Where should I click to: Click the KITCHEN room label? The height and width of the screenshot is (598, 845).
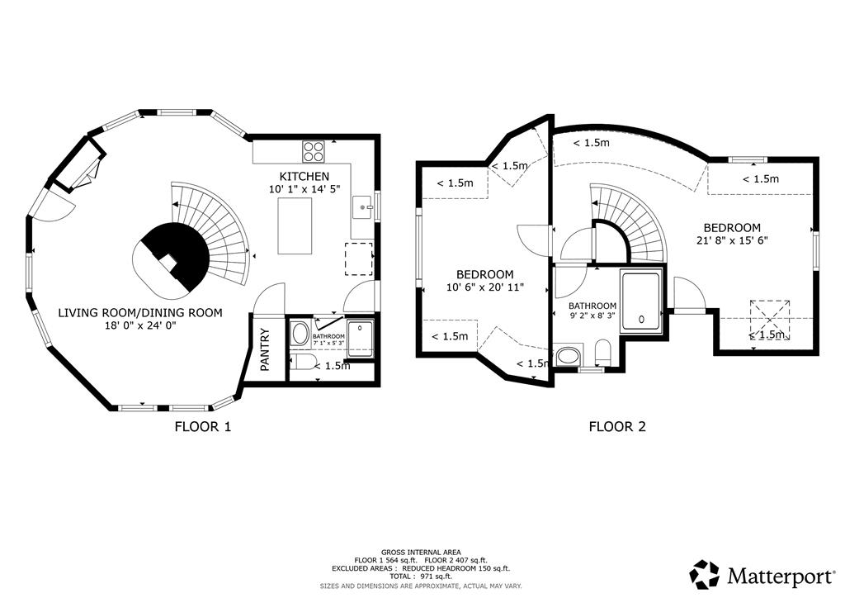pyautogui.click(x=304, y=176)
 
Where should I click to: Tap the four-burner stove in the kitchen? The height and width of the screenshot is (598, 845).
pyautogui.click(x=314, y=151)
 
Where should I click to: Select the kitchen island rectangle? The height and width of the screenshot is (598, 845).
pyautogui.click(x=295, y=226)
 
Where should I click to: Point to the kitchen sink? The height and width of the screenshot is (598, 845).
pyautogui.click(x=363, y=207)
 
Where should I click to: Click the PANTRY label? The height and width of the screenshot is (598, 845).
pyautogui.click(x=265, y=349)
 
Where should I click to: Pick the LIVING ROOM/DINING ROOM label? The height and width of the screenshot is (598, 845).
pyautogui.click(x=140, y=313)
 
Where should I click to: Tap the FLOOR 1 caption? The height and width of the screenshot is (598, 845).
pyautogui.click(x=203, y=427)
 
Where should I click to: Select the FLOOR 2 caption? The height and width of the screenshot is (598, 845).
pyautogui.click(x=617, y=427)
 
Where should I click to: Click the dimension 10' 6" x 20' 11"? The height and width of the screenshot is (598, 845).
pyautogui.click(x=485, y=287)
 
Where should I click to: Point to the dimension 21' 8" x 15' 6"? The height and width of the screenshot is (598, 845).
pyautogui.click(x=732, y=240)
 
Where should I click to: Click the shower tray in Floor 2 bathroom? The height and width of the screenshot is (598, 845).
pyautogui.click(x=640, y=302)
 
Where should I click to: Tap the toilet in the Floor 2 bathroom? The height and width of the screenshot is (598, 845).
pyautogui.click(x=602, y=353)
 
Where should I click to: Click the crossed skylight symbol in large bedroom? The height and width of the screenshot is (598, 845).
pyautogui.click(x=770, y=320)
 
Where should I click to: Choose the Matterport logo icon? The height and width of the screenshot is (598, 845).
pyautogui.click(x=705, y=575)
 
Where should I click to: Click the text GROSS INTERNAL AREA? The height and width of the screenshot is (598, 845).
pyautogui.click(x=421, y=553)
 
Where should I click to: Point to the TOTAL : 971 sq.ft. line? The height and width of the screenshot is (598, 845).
pyautogui.click(x=421, y=577)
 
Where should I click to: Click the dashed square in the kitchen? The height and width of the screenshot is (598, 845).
pyautogui.click(x=359, y=259)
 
